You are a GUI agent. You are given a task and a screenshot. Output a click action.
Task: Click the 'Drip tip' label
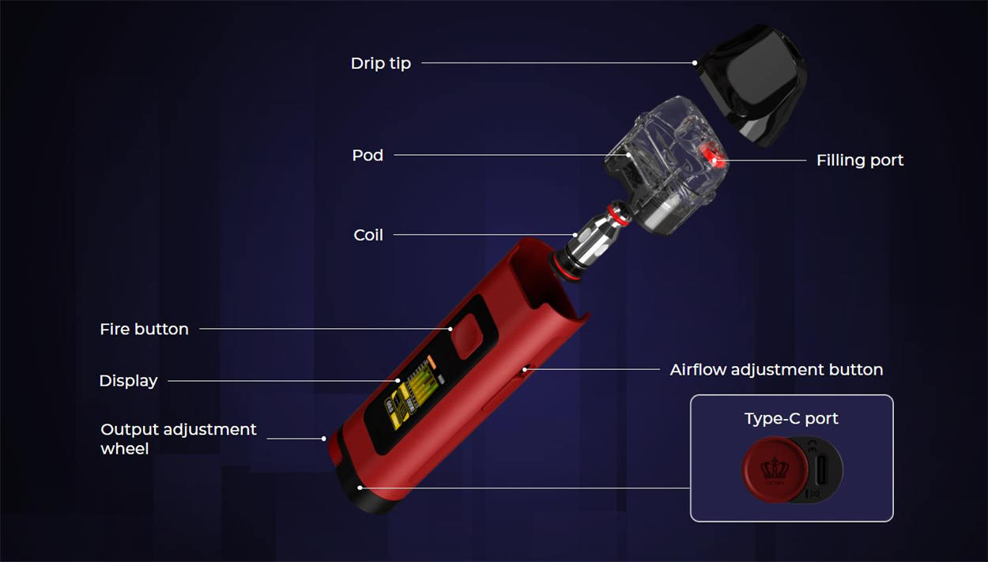point(380,63)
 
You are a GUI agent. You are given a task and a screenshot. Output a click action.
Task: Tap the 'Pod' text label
point(368,155)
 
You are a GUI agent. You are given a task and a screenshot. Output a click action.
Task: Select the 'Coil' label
point(368,235)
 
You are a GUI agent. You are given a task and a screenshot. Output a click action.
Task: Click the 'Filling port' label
point(859,160)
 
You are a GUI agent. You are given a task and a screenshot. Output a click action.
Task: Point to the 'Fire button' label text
point(144,329)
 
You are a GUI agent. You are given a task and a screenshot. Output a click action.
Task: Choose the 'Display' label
point(128,381)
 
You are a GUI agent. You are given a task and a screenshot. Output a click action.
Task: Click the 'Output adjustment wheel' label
point(178,439)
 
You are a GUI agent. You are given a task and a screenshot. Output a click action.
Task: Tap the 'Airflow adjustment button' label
point(776,369)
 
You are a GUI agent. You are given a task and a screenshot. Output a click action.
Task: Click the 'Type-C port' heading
point(791,418)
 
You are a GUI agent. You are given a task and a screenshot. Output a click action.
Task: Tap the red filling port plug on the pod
point(715,157)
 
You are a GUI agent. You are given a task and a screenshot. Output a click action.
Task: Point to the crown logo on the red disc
point(774,470)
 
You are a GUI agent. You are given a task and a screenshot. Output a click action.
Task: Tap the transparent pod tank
point(656,166)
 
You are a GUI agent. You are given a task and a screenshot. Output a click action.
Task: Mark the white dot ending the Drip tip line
point(695,63)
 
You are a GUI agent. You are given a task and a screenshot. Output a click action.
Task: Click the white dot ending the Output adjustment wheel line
point(324,439)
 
